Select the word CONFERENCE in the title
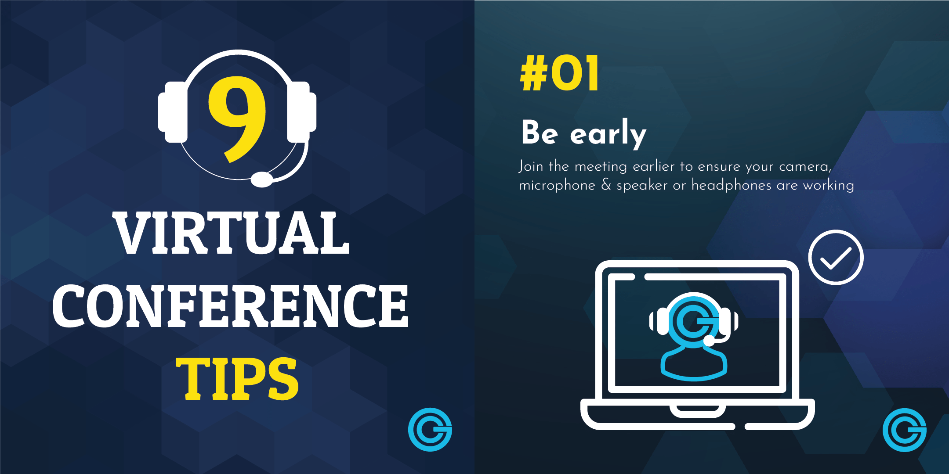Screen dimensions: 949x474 point(231,306)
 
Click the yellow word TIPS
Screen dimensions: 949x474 point(237,378)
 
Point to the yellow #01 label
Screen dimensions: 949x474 point(560,73)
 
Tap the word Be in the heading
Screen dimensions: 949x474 point(540,132)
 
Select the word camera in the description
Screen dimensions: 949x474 point(805,167)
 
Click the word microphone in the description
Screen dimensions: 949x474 point(557,186)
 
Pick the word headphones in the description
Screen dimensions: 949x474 point(731,186)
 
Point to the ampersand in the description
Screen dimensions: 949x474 point(606,185)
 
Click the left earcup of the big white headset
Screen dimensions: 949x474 point(173,112)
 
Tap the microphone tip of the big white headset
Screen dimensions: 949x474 point(262,179)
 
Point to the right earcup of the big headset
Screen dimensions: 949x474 point(301,112)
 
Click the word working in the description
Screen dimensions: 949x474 point(829,186)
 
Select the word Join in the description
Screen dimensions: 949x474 point(531,166)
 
